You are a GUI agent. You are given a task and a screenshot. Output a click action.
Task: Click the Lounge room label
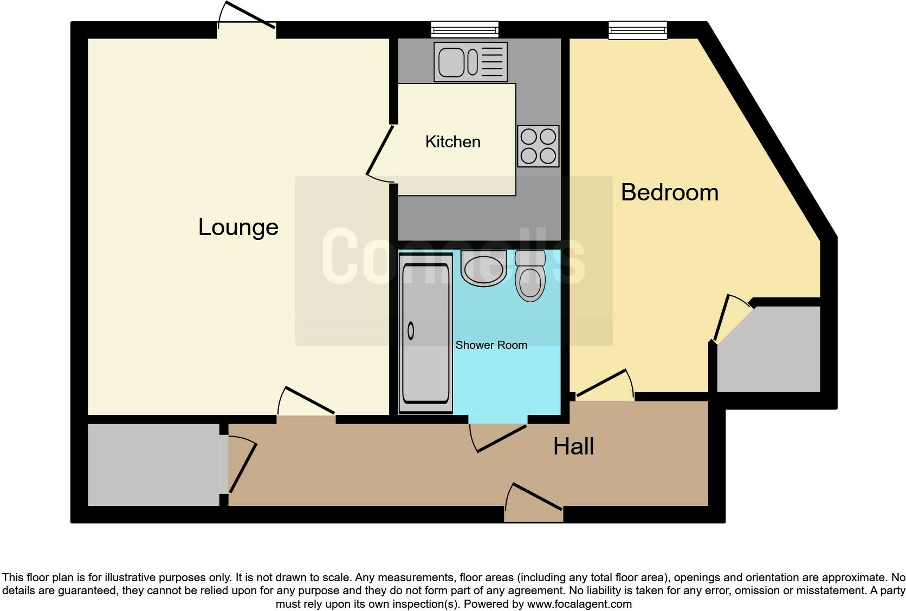coord(238,227)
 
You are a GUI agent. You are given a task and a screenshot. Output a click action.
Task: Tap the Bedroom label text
coord(669,193)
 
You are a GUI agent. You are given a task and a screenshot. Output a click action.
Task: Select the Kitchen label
coord(452,142)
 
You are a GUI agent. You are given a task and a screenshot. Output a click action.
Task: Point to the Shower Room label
coord(491,345)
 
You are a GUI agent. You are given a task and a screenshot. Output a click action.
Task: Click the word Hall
coord(573,447)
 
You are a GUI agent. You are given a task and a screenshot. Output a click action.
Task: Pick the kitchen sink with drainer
coord(470,62)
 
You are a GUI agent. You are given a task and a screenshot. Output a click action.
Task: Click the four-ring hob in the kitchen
coord(538,146)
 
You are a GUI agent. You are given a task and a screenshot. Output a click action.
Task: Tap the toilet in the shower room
coord(529,276)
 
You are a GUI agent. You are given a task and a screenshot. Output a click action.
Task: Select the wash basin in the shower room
coord(483,268)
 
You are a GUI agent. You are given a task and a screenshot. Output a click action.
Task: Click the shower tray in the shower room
coord(425,333)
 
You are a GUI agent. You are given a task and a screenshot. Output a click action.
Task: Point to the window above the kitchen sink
coord(464,29)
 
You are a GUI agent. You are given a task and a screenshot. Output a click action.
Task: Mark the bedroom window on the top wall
coord(638,30)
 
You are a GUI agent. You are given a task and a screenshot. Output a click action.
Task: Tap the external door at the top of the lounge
coord(247,22)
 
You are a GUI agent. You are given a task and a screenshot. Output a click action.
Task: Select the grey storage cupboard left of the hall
coord(153,465)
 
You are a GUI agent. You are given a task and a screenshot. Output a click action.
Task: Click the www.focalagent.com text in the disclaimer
coord(579,603)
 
